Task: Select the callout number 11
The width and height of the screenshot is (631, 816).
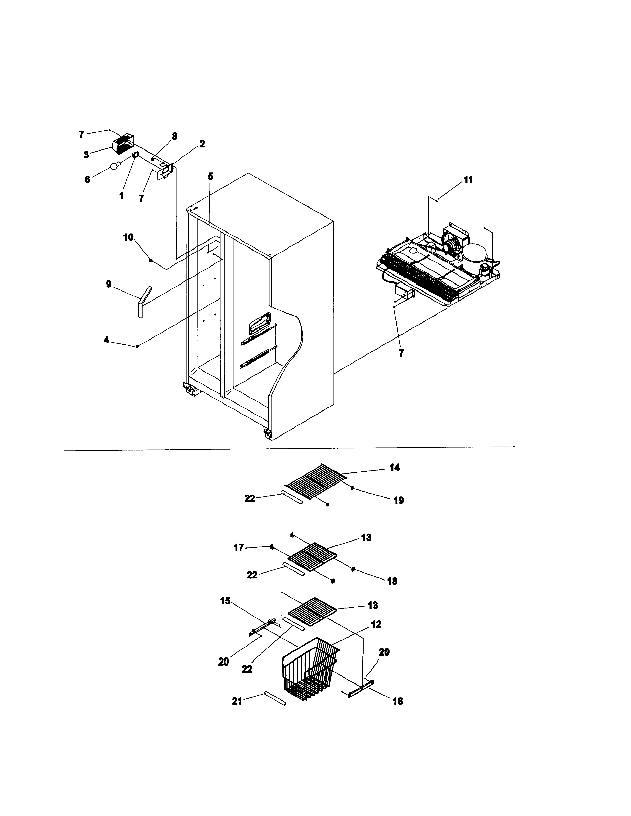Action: point(468,180)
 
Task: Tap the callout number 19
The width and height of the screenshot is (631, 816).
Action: point(399,500)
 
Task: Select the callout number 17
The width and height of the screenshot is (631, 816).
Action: point(238,548)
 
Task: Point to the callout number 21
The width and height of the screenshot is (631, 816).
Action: point(237,701)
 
